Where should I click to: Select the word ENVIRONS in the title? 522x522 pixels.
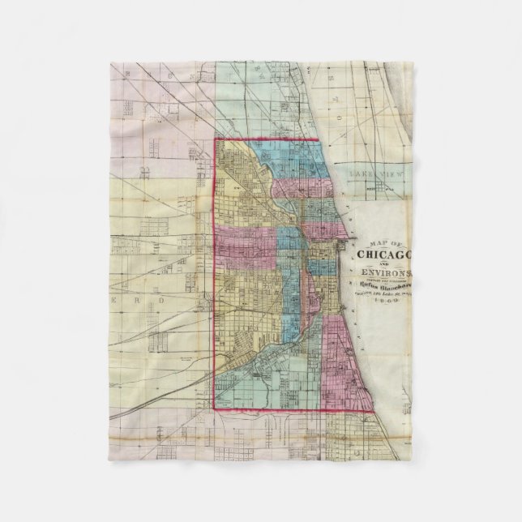click(386, 272)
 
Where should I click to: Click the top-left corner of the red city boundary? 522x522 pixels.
click(215, 139)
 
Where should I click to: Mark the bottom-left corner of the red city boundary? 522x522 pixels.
click(215, 410)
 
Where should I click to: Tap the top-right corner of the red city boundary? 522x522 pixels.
click(319, 139)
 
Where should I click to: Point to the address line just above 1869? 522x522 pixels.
click(386, 293)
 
